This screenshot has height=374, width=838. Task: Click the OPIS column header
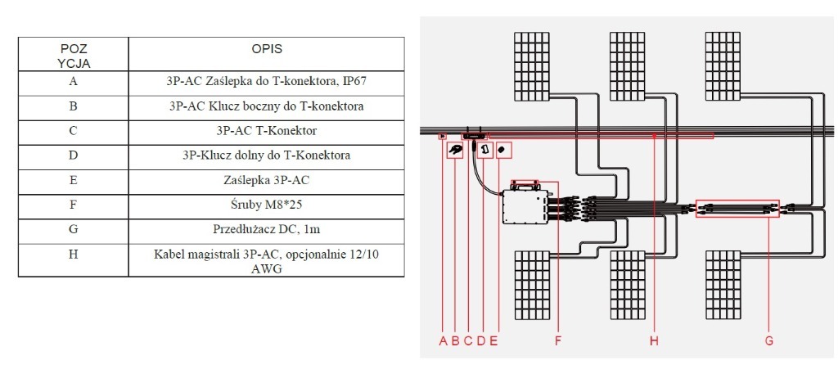click(x=267, y=49)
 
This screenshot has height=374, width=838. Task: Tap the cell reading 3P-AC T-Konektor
click(x=267, y=131)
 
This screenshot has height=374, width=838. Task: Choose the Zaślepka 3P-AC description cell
click(x=267, y=178)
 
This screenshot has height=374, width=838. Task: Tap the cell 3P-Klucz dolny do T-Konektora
click(x=267, y=155)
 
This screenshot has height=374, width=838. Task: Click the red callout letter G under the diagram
click(x=768, y=341)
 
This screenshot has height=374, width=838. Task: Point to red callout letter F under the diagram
click(x=557, y=341)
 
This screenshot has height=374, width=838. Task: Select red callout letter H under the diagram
click(x=654, y=341)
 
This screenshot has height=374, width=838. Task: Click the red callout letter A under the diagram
click(x=443, y=341)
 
